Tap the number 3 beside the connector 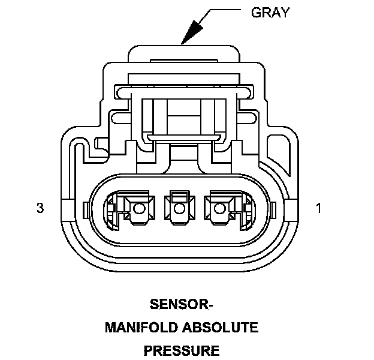click(x=40, y=208)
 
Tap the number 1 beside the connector click(x=319, y=208)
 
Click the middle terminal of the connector click(x=178, y=208)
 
